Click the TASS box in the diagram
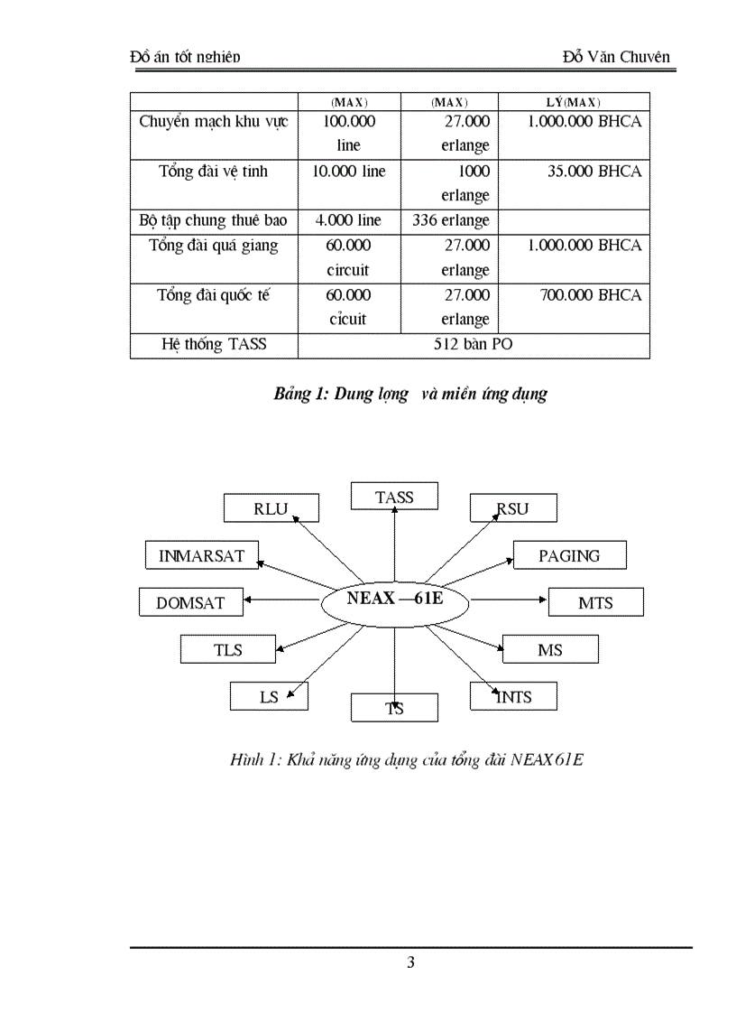pos(394,497)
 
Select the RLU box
pos(271,508)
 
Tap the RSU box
pos(512,508)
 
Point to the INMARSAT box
pos(201,555)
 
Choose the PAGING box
pos(569,555)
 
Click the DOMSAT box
pos(189,602)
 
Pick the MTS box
pos(595,602)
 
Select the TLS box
pos(227,649)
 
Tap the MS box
pos(549,649)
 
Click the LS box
pos(269,696)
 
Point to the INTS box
pos(513,696)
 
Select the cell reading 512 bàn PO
pos(474,345)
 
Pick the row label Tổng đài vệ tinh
pos(214,171)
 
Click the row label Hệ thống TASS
pos(214,345)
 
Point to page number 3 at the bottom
pos(411,963)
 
